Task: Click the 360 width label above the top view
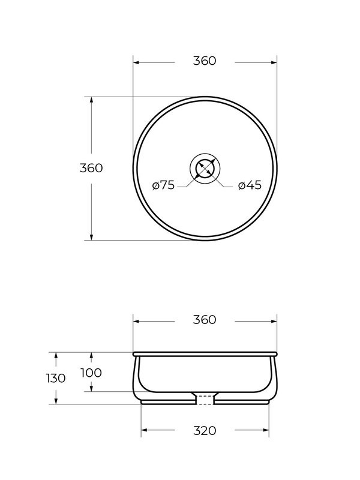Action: pyautogui.click(x=205, y=61)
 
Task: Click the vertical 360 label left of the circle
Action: pyautogui.click(x=91, y=168)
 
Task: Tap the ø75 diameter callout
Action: pyautogui.click(x=163, y=185)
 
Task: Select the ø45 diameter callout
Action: pyautogui.click(x=250, y=185)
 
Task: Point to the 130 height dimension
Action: pyautogui.click(x=56, y=379)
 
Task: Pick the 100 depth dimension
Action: pyautogui.click(x=91, y=373)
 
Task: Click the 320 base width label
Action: pyautogui.click(x=205, y=431)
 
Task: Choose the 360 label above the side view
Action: pyautogui.click(x=205, y=320)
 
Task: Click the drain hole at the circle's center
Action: pyautogui.click(x=205, y=168)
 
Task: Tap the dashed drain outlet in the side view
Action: pyautogui.click(x=205, y=400)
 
